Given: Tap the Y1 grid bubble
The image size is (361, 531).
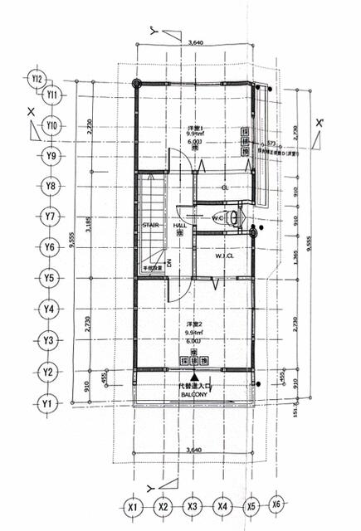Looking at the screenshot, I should (49, 404).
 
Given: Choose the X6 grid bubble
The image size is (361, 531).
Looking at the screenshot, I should (277, 504).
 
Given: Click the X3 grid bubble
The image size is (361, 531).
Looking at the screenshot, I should (193, 506).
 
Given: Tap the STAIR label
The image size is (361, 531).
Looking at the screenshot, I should (150, 225).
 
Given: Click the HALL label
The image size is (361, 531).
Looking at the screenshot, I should (179, 225).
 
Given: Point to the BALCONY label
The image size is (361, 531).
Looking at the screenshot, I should (194, 396).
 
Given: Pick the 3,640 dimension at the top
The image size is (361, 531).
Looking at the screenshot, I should (196, 41).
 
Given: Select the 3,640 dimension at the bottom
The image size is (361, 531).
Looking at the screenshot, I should (196, 449).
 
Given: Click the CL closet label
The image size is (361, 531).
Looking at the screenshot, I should (224, 188).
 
